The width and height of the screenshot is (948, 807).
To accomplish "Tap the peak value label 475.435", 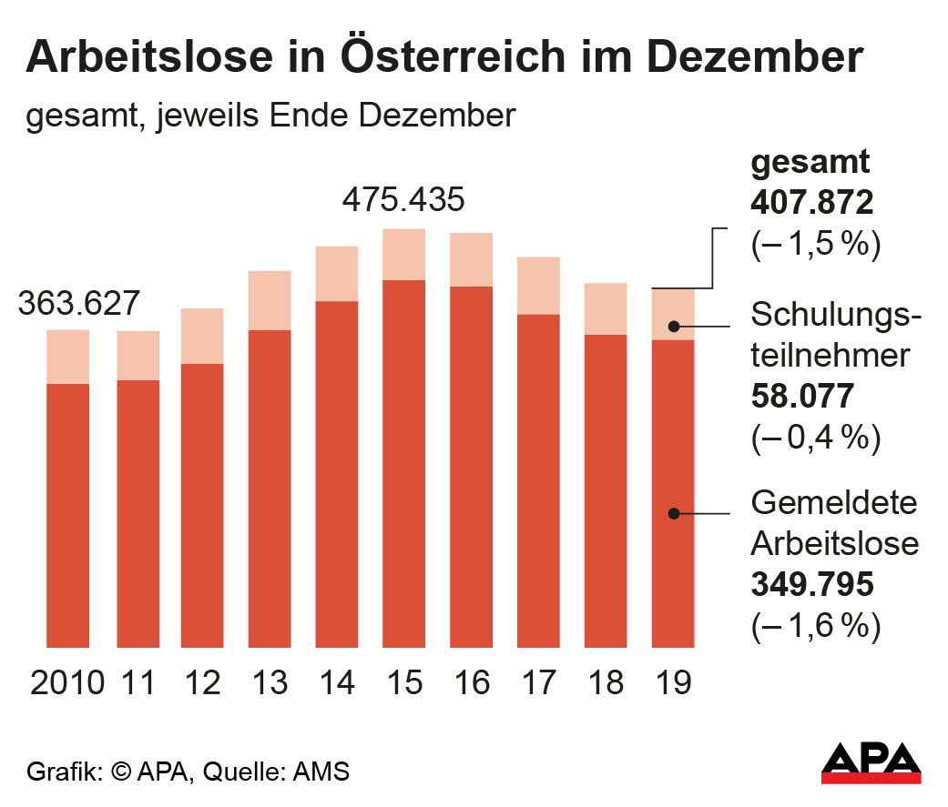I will point(403,199).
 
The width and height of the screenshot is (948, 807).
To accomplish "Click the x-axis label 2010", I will point(67,681).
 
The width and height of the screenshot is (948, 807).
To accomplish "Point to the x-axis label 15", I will point(403,681).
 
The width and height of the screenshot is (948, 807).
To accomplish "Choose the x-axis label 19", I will point(673,681).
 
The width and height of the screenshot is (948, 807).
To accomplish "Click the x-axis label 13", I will point(269,681).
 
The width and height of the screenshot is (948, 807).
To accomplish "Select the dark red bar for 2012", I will point(202,505).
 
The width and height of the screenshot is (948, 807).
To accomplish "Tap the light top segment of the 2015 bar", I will point(403,255).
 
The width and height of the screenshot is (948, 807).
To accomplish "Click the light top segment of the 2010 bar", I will point(67,357).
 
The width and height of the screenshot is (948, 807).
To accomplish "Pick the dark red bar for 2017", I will point(538,480).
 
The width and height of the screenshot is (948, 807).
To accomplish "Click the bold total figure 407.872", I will point(811,203).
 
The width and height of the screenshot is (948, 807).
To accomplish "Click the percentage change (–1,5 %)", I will point(815,246).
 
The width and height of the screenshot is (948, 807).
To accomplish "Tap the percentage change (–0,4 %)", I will point(815,439).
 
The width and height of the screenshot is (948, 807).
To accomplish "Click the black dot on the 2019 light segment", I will point(673,326).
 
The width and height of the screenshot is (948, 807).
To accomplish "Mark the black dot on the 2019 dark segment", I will point(673,513).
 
